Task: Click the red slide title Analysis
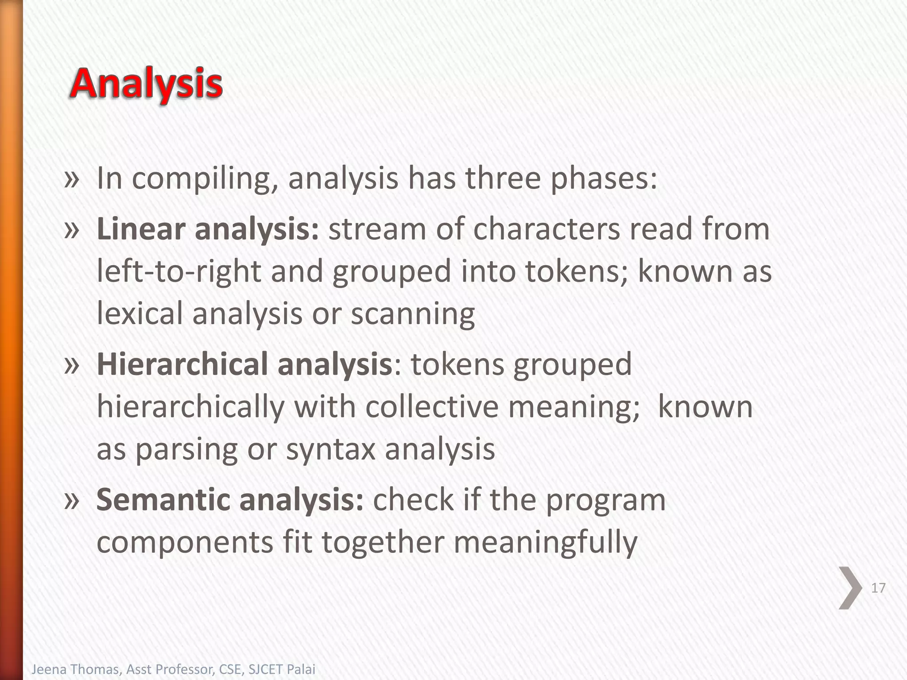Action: [x=146, y=84]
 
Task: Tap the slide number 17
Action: [x=878, y=588]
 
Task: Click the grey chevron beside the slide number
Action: [x=850, y=588]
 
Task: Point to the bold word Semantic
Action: [x=163, y=499]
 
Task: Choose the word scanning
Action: [x=413, y=314]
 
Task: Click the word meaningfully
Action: [x=545, y=543]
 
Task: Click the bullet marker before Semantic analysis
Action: [x=71, y=499]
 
